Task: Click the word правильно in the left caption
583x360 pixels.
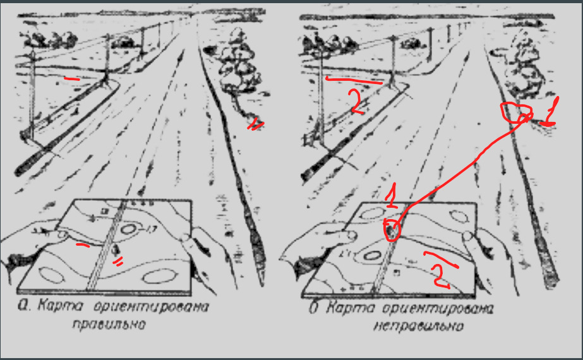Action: (x=109, y=325)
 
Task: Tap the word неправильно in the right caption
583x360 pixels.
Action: (x=419, y=326)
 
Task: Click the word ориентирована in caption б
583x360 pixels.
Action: (x=438, y=309)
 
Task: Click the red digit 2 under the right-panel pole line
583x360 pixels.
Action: (x=356, y=102)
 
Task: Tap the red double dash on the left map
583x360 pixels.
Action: (x=118, y=262)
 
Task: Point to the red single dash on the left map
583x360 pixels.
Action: (x=83, y=244)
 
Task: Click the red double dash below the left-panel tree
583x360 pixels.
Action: (x=255, y=125)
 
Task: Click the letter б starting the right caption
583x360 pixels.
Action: (x=314, y=308)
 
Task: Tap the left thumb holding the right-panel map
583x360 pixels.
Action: (x=340, y=235)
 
